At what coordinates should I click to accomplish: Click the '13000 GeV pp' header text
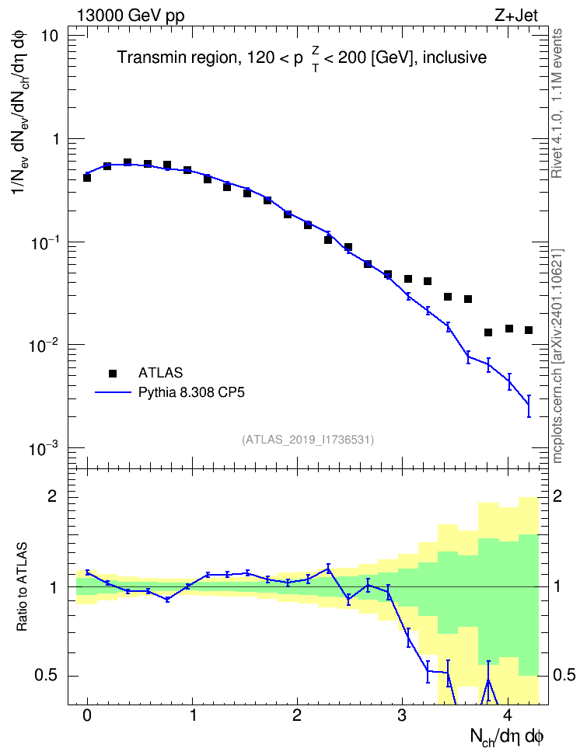point(130,16)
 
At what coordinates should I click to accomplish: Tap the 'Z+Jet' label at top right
point(516,16)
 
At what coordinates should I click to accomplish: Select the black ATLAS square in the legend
point(113,373)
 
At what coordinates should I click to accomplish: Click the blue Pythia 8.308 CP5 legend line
point(113,392)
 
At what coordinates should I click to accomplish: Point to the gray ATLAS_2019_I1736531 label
point(308,440)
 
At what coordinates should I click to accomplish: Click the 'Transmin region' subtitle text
point(176,57)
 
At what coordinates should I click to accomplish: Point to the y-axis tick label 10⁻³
point(44,448)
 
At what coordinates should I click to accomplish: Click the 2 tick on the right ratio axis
point(557,496)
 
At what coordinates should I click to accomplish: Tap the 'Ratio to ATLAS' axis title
point(22,586)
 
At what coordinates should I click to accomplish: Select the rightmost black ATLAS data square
point(529,330)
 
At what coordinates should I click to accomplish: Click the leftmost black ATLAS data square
point(87,178)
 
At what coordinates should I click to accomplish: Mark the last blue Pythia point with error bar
point(529,406)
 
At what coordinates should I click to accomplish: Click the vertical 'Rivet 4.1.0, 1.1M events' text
point(557,103)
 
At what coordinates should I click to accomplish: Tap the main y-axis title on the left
point(21,113)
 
